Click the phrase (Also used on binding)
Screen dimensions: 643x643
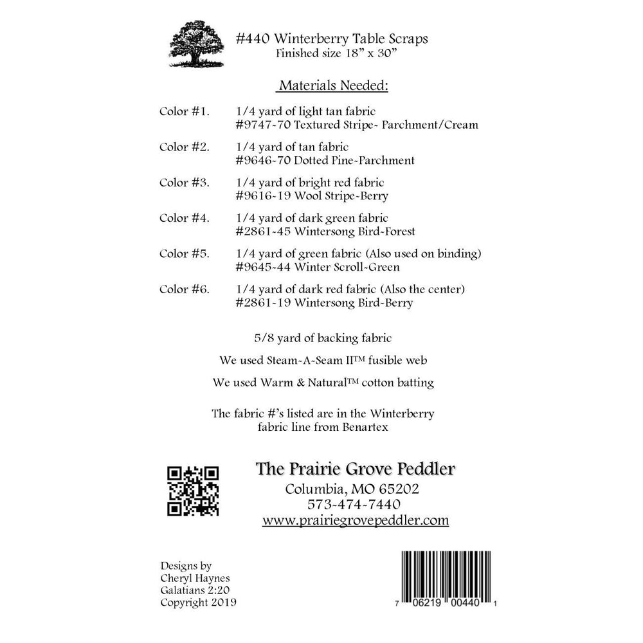[435, 254]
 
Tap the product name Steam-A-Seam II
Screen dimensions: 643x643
[307, 359]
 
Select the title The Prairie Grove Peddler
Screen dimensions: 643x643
[356, 468]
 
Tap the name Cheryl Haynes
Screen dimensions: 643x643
[191, 578]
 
